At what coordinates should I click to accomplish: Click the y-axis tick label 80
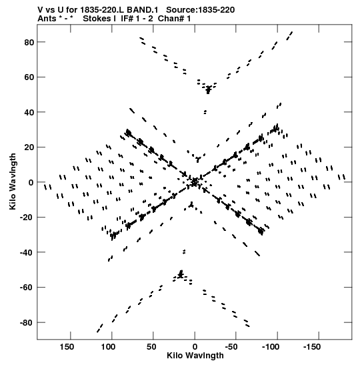(x=29, y=42)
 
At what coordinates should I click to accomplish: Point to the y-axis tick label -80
(x=27, y=323)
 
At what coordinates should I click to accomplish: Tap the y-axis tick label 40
(x=29, y=112)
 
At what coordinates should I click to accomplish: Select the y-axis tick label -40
(x=27, y=253)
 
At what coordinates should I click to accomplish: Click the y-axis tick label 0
(x=31, y=183)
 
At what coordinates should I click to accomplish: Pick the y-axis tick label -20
(x=27, y=218)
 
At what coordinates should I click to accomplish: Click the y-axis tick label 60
(x=29, y=77)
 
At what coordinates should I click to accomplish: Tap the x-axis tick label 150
(x=67, y=347)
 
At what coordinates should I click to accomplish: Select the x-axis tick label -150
(x=313, y=347)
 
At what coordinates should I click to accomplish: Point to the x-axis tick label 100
(x=108, y=347)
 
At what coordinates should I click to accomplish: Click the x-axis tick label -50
(x=232, y=347)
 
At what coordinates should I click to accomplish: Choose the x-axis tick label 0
(x=195, y=347)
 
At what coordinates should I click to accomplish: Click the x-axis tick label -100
(x=271, y=347)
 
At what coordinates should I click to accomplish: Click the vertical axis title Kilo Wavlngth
(x=13, y=181)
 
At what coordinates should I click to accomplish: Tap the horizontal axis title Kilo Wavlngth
(x=195, y=356)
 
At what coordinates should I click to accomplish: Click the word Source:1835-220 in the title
(x=201, y=10)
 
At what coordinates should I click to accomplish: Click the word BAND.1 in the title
(x=142, y=10)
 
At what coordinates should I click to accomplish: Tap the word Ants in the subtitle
(x=47, y=19)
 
